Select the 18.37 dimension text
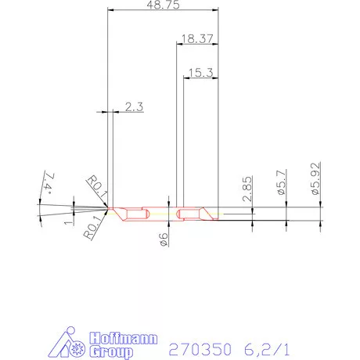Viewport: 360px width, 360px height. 196,38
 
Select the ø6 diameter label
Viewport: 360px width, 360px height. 164,239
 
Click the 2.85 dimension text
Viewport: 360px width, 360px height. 247,189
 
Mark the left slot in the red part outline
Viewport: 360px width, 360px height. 137,213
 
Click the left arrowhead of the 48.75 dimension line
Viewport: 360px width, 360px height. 110,9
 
